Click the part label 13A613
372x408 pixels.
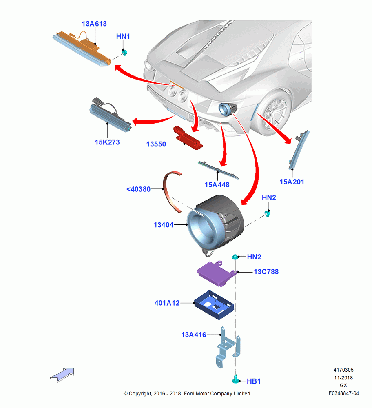[94, 24]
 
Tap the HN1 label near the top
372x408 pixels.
[123, 36]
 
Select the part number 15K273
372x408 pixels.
[107, 142]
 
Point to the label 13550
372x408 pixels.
[156, 144]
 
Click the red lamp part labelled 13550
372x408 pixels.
[188, 137]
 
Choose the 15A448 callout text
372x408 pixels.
[217, 185]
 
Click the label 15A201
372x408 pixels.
[292, 182]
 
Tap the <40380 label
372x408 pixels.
[138, 189]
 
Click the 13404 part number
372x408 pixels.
[164, 225]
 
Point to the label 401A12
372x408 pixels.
[167, 303]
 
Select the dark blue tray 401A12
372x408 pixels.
[214, 305]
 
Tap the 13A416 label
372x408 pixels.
[193, 335]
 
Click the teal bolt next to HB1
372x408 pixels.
[236, 379]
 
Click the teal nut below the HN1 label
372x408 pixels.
[124, 53]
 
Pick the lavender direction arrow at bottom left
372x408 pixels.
[62, 375]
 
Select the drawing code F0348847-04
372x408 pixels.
[343, 393]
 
